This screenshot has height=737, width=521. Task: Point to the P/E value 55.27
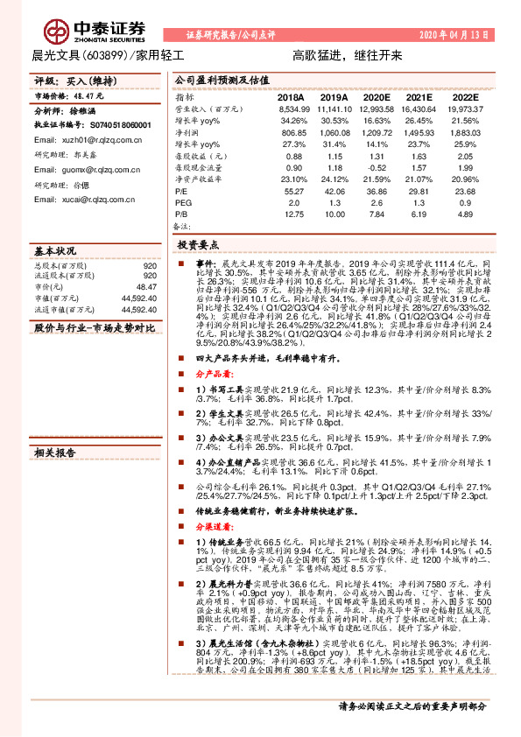click(294, 189)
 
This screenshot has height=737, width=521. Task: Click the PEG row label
click(184, 200)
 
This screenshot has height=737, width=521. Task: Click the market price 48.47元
click(90, 95)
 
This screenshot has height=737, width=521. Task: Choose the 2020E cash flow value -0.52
click(377, 166)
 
